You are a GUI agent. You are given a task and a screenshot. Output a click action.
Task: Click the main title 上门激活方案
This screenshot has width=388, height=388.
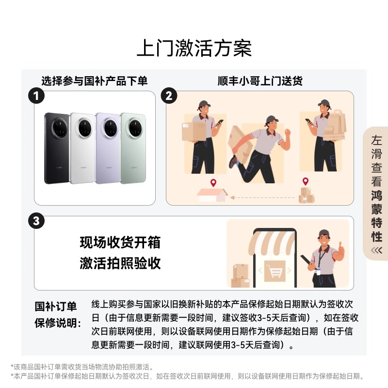194,49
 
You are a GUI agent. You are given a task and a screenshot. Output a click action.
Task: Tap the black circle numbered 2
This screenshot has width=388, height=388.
168,96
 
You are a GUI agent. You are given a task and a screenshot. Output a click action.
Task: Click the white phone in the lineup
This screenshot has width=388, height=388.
82,148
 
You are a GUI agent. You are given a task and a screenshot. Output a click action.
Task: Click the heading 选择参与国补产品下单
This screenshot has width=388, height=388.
94,81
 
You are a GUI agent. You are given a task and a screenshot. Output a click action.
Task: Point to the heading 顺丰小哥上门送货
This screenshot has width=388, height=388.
260,81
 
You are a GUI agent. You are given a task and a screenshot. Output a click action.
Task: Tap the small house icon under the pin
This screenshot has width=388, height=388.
212,195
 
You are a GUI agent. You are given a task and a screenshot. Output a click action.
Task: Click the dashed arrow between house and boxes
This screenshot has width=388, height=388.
262,197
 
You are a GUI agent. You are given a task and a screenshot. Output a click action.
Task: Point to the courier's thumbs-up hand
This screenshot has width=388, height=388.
341,249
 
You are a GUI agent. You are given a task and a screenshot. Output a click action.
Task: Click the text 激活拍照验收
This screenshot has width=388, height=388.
120,263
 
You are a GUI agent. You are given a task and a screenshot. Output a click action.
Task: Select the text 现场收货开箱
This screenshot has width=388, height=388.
120,242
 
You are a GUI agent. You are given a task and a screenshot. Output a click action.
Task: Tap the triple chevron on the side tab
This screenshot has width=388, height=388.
376,250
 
